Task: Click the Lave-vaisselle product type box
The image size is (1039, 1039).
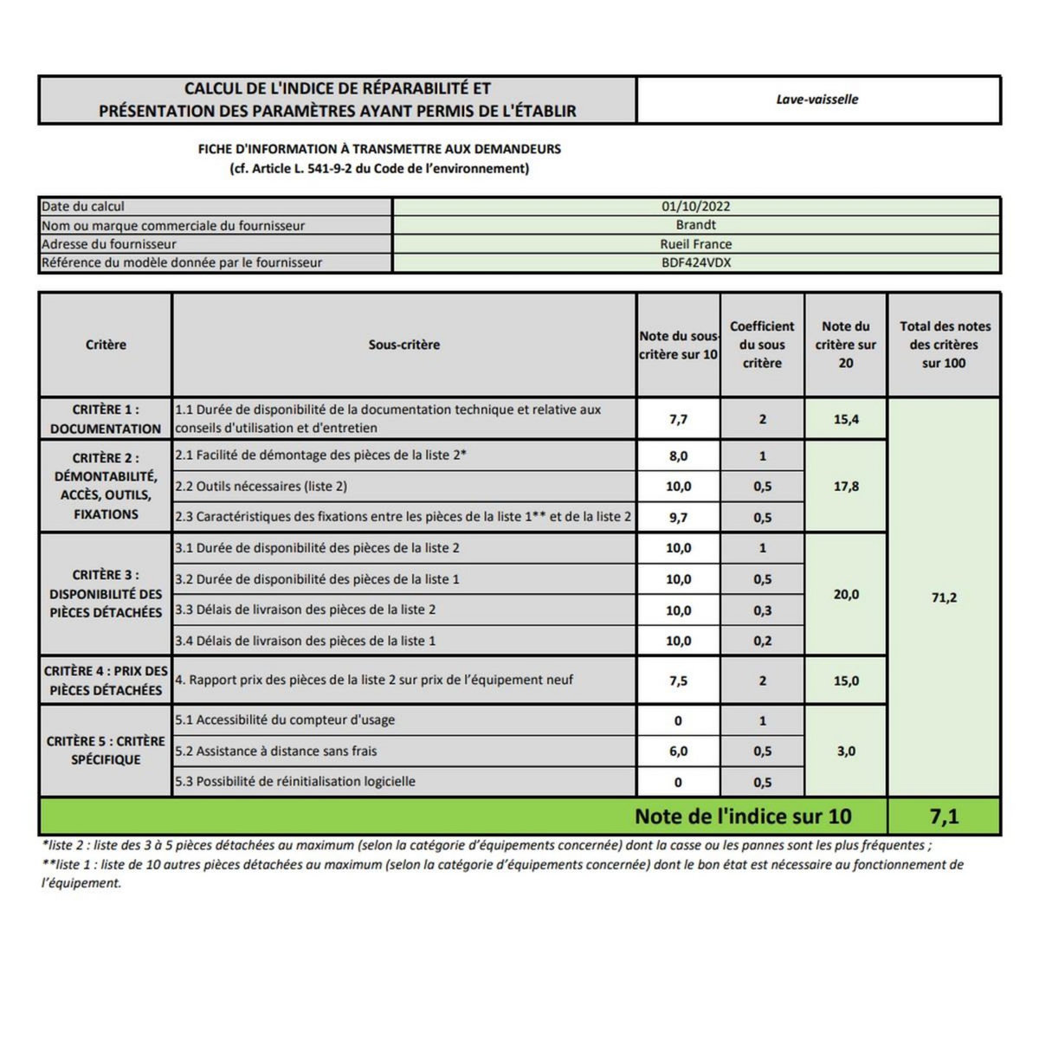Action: click(x=817, y=100)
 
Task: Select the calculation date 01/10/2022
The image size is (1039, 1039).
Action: click(x=696, y=206)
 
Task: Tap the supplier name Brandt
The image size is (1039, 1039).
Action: click(x=696, y=225)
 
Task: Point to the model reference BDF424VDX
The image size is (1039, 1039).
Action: click(x=696, y=262)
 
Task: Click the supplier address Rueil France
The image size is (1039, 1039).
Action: click(x=696, y=244)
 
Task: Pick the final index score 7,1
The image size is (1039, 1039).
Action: click(x=944, y=816)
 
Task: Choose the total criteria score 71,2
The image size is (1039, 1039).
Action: click(x=944, y=597)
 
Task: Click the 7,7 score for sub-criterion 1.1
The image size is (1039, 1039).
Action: click(x=678, y=419)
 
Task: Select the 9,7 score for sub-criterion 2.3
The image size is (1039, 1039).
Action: click(x=678, y=517)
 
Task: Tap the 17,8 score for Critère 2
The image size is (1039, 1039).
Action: click(x=846, y=487)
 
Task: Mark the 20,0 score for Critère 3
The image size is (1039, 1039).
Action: click(x=846, y=595)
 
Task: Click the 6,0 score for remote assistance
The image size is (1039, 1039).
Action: click(x=678, y=752)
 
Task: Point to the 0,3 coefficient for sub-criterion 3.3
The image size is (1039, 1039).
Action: click(x=762, y=610)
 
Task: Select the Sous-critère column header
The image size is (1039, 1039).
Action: click(x=404, y=345)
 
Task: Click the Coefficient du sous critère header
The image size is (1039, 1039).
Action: click(x=762, y=345)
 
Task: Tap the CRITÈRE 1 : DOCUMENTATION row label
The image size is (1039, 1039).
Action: click(x=106, y=419)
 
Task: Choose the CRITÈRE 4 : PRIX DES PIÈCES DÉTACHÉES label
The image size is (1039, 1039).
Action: click(x=106, y=681)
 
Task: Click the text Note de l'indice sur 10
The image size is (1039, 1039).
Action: click(x=743, y=816)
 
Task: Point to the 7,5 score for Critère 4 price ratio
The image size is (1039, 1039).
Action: click(x=678, y=681)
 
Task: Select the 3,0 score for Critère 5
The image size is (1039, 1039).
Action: click(x=846, y=752)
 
